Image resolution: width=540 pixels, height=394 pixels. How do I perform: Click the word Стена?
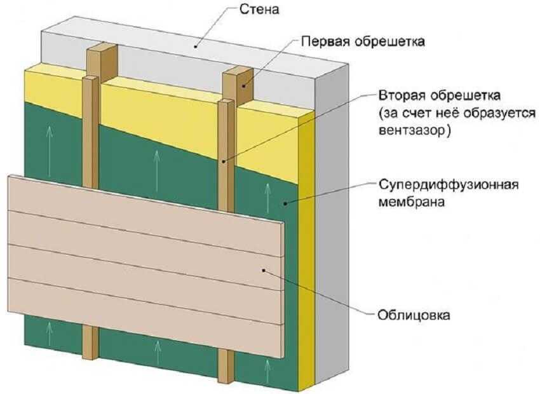259,10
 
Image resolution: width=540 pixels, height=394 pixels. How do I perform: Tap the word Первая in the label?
325,42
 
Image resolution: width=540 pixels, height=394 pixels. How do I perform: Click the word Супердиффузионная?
449,185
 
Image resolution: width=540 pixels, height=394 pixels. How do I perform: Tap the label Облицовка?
414,315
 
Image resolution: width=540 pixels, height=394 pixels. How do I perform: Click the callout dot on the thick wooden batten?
243,86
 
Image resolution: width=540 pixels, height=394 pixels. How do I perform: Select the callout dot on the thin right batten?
224,161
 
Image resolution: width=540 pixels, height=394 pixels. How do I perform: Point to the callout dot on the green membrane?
285,204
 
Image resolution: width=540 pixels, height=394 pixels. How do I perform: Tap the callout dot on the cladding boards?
264,271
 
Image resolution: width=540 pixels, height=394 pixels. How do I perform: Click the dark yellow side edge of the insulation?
306,252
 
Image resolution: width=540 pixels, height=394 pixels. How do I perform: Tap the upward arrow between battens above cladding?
157,171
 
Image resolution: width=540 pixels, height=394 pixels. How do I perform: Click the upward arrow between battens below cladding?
158,353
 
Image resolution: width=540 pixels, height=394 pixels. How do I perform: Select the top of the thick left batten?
102,48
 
